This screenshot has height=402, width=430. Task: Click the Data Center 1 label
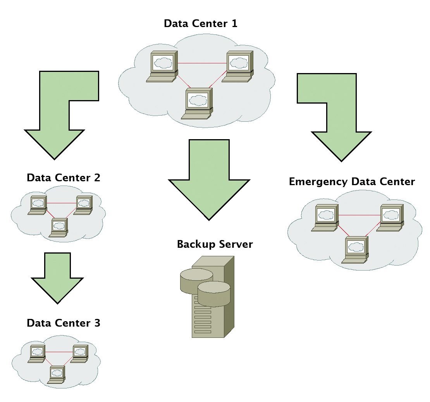(x=200, y=24)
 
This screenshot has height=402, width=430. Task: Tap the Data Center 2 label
(x=64, y=178)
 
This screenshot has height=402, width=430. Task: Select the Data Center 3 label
(x=64, y=323)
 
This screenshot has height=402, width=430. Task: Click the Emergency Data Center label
(x=352, y=182)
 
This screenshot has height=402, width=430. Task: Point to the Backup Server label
(x=215, y=244)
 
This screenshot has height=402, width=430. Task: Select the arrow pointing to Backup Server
(x=209, y=182)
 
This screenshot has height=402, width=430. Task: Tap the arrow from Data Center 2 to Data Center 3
(x=57, y=276)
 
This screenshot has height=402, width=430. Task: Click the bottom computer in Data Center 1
(x=198, y=102)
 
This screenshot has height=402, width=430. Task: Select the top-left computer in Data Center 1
(x=162, y=66)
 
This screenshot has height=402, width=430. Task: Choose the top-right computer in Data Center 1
(x=238, y=66)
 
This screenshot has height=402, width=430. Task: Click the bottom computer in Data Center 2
(x=59, y=227)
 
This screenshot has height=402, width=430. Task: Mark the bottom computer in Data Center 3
(x=57, y=375)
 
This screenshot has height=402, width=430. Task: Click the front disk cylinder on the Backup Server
(x=214, y=294)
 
